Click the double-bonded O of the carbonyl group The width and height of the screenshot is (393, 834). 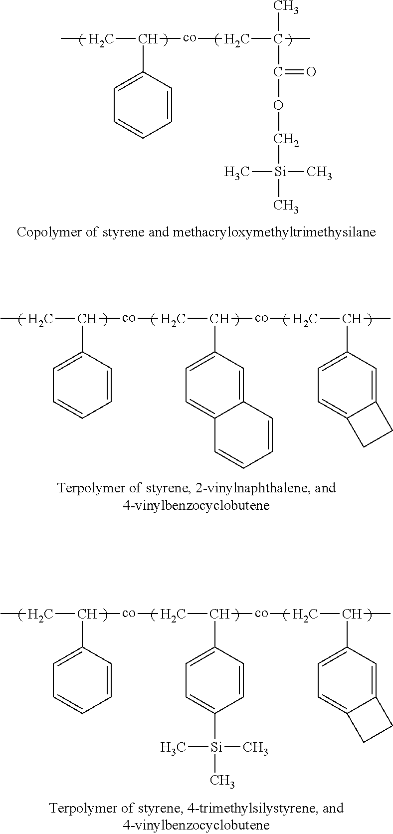[311, 72]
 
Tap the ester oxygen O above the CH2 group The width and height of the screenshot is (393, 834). [278, 105]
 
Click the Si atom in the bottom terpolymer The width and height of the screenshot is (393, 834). [215, 747]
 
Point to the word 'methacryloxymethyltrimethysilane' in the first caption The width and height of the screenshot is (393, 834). [273, 232]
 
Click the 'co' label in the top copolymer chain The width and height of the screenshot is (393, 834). [190, 38]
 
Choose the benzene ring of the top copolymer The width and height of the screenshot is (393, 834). [143, 105]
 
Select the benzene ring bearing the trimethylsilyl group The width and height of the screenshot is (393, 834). [215, 680]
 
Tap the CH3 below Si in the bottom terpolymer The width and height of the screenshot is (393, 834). [222, 780]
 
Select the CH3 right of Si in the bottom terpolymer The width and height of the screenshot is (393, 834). [255, 747]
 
